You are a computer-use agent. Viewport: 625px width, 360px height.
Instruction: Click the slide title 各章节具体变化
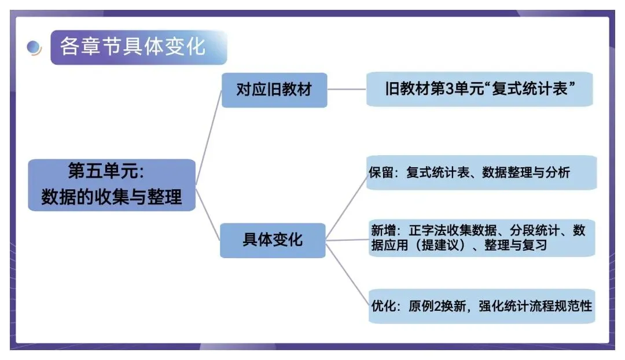(x=133, y=46)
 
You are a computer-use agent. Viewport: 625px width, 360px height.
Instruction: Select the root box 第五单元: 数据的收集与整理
(x=112, y=185)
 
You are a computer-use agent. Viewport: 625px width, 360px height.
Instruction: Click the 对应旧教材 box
(x=274, y=90)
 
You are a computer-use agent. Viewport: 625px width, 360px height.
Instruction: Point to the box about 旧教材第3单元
(x=479, y=89)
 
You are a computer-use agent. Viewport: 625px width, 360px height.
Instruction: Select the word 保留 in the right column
(x=381, y=172)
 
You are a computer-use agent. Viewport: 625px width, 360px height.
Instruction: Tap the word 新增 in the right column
(x=383, y=231)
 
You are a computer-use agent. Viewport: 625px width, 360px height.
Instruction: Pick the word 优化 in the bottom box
(x=383, y=306)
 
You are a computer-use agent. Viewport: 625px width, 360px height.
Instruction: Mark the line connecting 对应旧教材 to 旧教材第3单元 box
(x=347, y=90)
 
